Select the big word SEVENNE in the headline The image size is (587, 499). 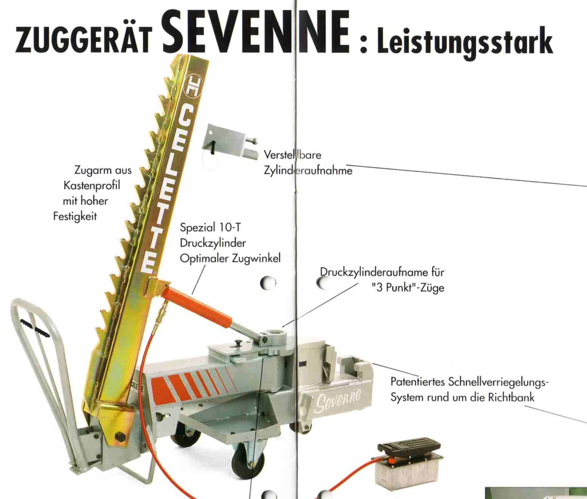tap(256, 31)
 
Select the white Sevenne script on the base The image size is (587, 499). tap(338, 400)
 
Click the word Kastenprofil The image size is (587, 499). tap(92, 185)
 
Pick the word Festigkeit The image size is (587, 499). tap(75, 216)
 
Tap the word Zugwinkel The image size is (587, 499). tap(256, 259)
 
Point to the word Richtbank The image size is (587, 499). tap(511, 397)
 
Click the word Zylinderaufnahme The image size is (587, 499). tap(308, 170)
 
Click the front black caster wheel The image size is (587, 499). tap(247, 462)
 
